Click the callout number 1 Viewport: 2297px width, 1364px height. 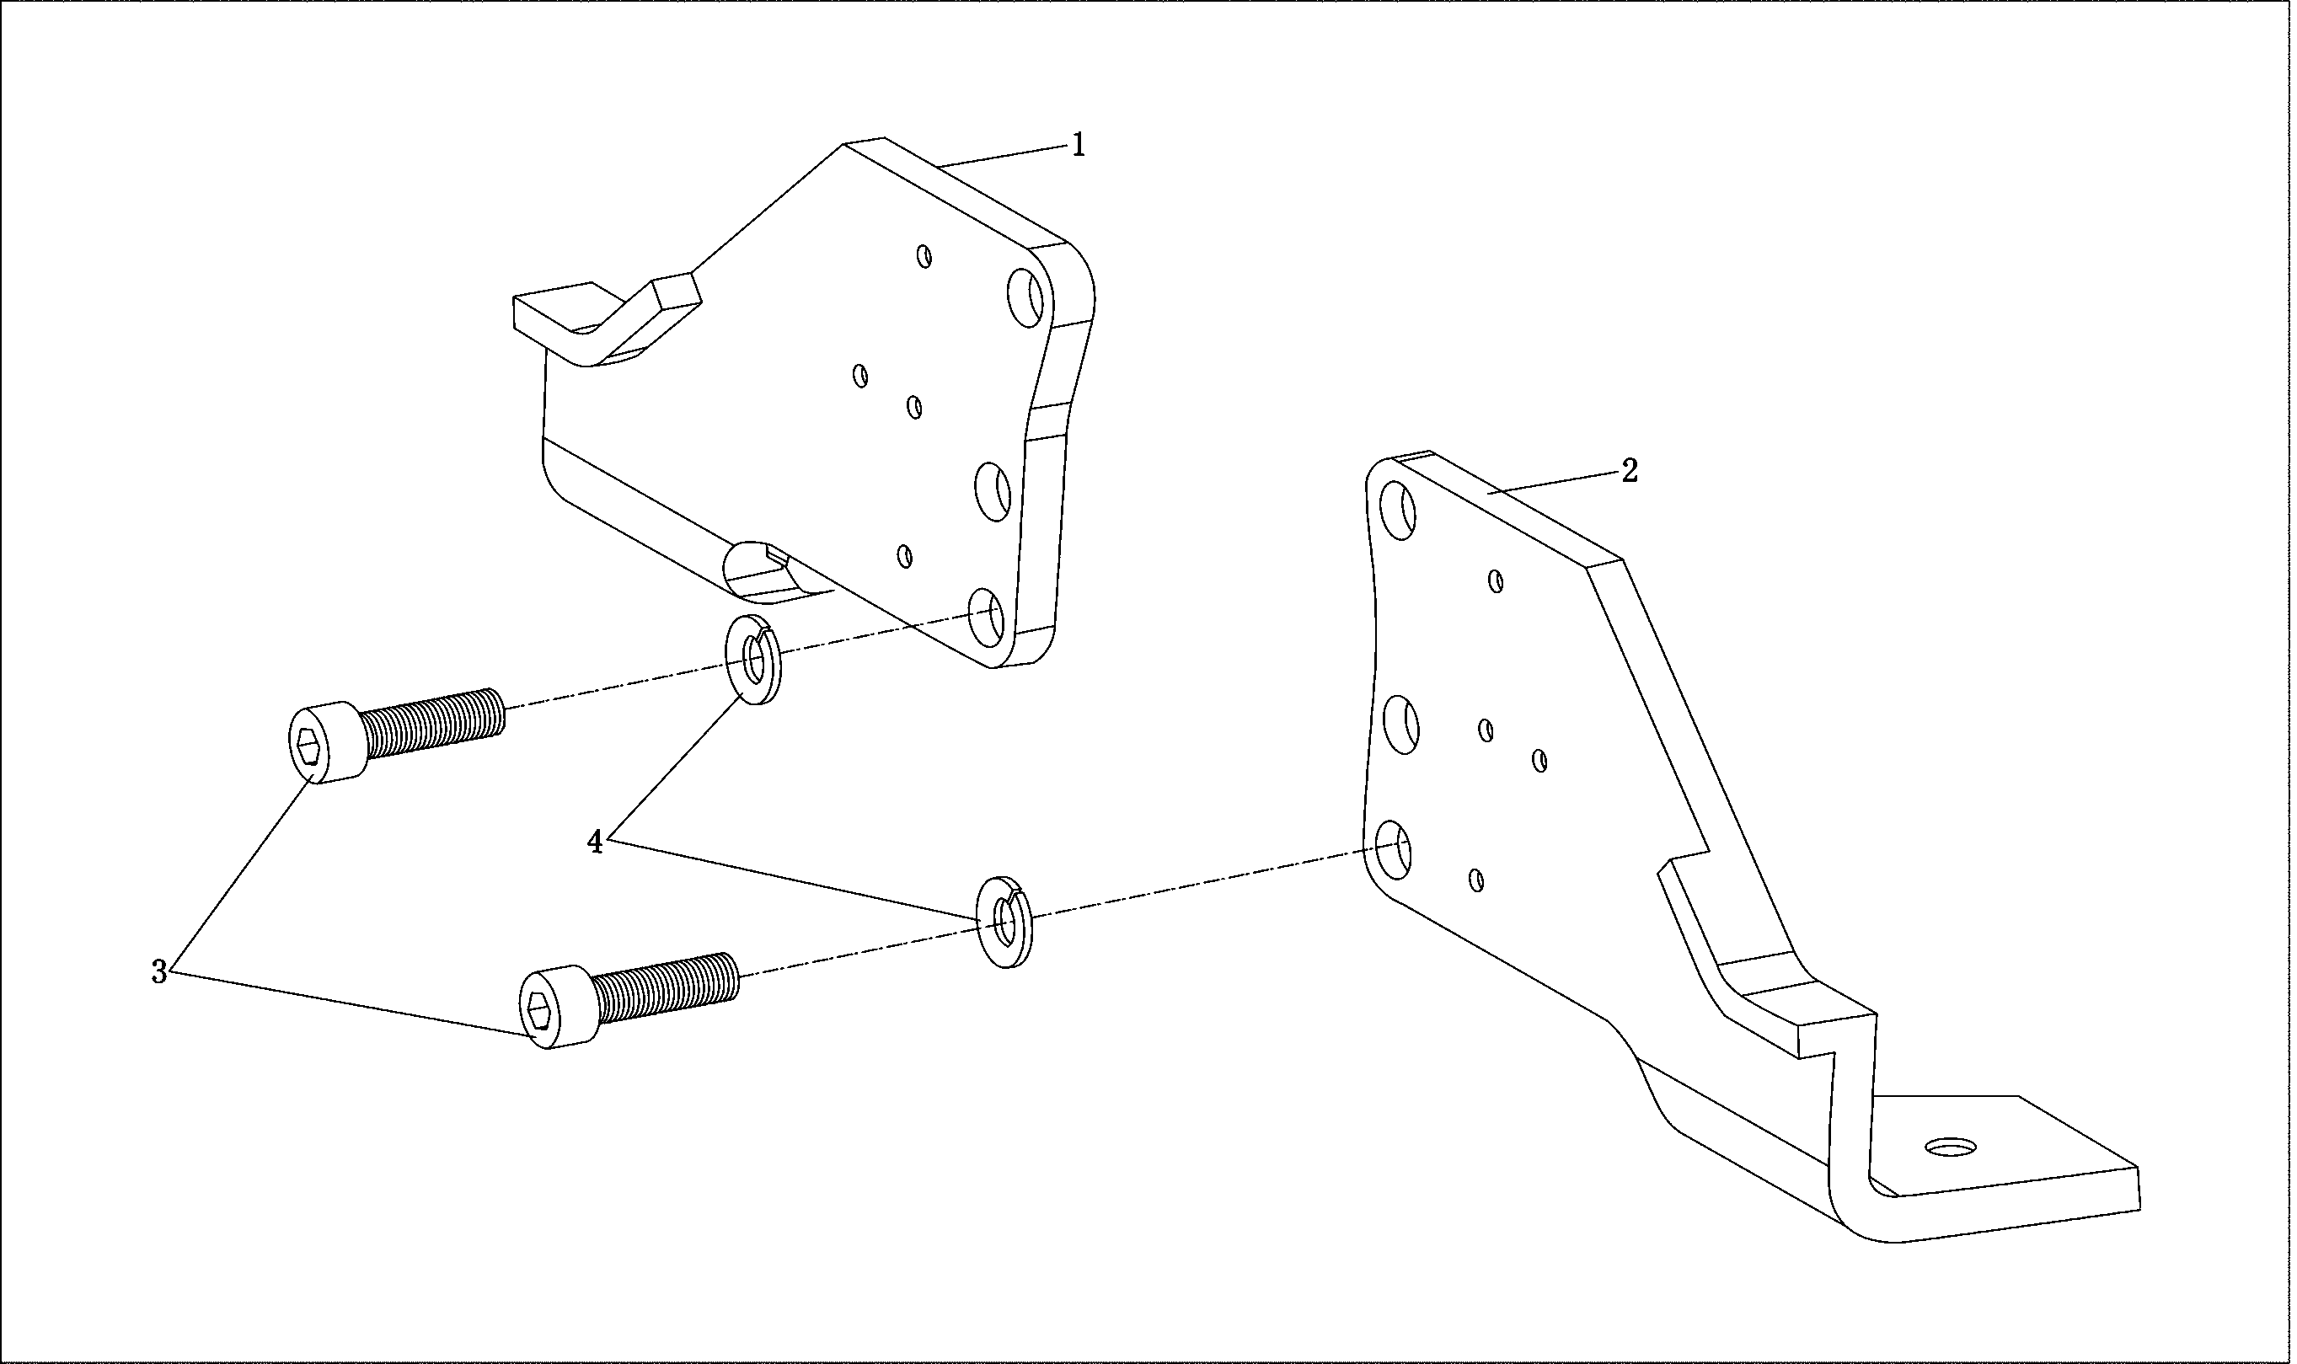pos(1079,145)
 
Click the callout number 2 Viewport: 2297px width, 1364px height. pos(1629,472)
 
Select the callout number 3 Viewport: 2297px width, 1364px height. pos(159,972)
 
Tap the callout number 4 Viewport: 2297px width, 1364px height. pos(596,841)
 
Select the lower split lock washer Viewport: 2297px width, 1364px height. pos(1004,922)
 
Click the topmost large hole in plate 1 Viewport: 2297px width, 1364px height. pos(1025,296)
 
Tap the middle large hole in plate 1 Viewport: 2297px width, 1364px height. pos(993,492)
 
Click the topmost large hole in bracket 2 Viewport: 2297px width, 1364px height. pos(1399,510)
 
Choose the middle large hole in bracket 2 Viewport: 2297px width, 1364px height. pos(1400,725)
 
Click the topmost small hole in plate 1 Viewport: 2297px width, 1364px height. pos(925,255)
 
